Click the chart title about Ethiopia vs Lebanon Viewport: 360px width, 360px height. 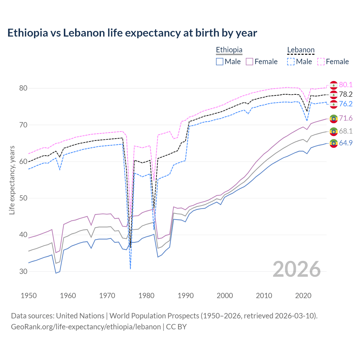(x=132, y=33)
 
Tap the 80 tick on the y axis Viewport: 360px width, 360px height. (x=23, y=88)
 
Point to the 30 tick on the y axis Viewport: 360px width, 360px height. (x=23, y=271)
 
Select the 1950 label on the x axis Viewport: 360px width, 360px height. (x=29, y=296)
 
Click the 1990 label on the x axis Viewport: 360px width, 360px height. (x=186, y=296)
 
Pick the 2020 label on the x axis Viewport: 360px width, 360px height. (x=303, y=296)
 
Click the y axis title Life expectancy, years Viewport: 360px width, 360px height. (x=12, y=180)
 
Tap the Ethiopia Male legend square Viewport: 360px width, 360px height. (x=220, y=62)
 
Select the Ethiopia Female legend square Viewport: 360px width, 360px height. (x=249, y=62)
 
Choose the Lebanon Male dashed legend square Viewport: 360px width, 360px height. (x=291, y=62)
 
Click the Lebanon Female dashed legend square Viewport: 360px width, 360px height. (x=321, y=62)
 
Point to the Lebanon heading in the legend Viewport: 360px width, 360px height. (x=301, y=50)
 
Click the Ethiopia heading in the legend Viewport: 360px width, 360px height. (x=229, y=50)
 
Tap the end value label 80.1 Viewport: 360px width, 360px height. (x=346, y=85)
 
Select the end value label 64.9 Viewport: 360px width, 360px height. (x=346, y=143)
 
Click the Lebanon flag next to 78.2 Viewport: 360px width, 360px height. (x=334, y=94)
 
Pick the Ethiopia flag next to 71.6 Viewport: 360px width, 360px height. (x=334, y=119)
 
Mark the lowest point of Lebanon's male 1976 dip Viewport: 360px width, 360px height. (x=130, y=269)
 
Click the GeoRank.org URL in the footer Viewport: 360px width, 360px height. (x=86, y=327)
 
